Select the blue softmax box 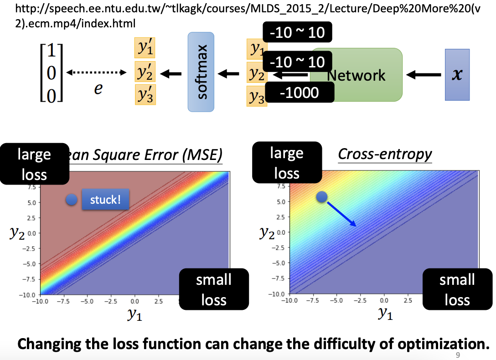(201, 72)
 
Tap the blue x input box (457, 74)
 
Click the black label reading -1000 (299, 93)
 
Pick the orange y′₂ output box (145, 72)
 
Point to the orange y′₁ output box (145, 48)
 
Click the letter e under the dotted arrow (98, 89)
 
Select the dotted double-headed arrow (95, 72)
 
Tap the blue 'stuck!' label (105, 200)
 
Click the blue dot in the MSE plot (71, 200)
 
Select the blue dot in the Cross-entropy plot (322, 196)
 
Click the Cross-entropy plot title (385, 154)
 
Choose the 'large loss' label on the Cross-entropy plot (287, 163)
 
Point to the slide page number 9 (458, 355)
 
